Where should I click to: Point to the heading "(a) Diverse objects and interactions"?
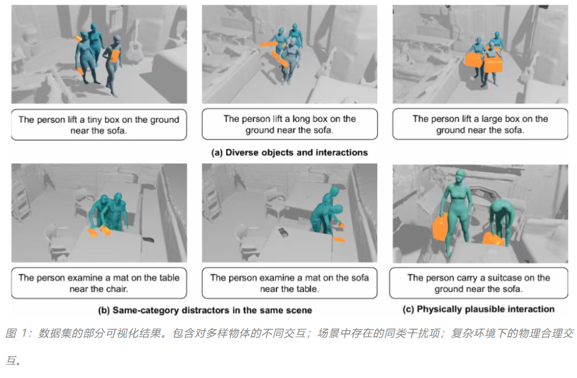(x=289, y=152)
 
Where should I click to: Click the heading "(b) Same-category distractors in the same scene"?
(x=205, y=310)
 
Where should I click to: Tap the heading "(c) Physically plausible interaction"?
(x=478, y=309)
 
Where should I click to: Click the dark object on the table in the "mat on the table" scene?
(x=148, y=240)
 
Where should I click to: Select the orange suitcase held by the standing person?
(x=440, y=227)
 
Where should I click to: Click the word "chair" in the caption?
(x=116, y=289)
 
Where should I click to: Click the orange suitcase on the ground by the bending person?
(x=494, y=239)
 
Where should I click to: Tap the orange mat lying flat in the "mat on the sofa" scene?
(x=339, y=240)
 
